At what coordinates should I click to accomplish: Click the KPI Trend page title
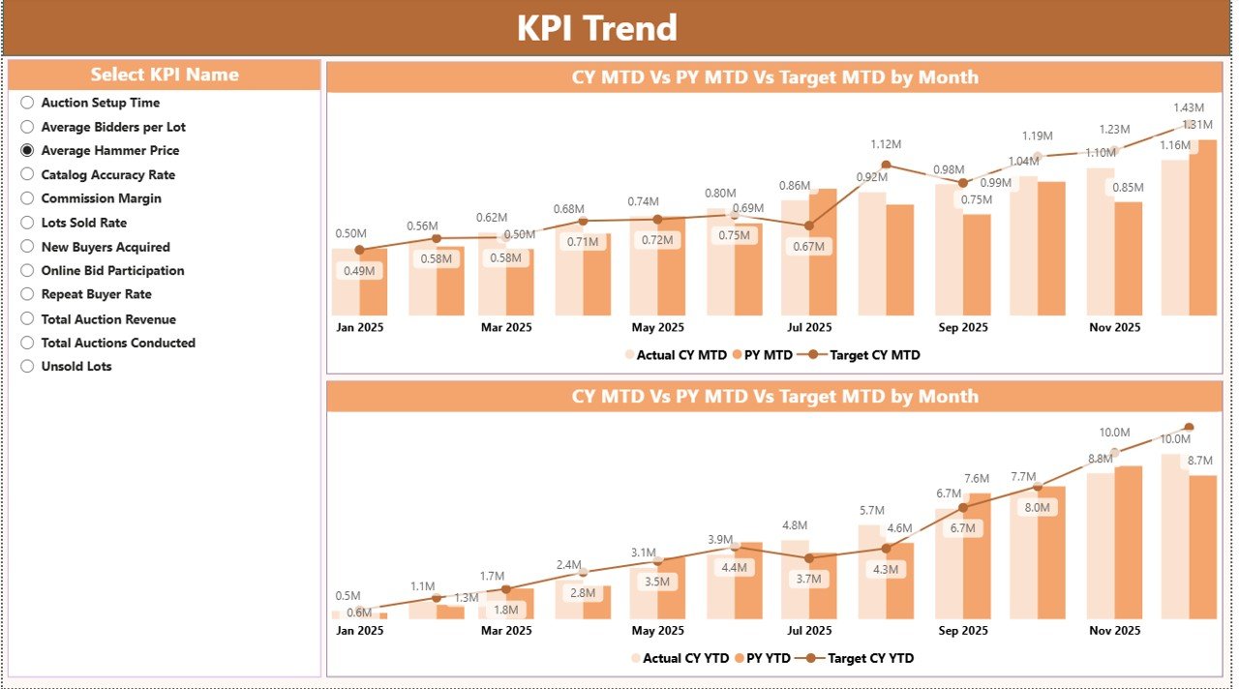pos(596,28)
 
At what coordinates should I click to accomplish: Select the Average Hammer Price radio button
pos(27,150)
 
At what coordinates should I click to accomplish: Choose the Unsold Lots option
pos(27,366)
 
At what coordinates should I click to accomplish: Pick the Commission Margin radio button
pos(27,198)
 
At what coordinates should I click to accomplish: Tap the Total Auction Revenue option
pos(27,318)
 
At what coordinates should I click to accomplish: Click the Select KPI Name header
pos(165,75)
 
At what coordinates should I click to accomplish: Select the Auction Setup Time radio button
pos(27,103)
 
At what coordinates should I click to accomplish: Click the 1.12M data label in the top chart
pos(886,144)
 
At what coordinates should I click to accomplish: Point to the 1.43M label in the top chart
pos(1189,107)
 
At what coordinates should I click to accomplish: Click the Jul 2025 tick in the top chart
pos(809,327)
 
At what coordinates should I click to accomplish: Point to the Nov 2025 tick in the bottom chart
pos(1115,630)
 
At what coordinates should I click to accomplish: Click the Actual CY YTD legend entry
pos(681,658)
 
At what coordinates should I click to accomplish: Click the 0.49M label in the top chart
pos(359,271)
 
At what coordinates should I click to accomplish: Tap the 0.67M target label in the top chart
pos(808,247)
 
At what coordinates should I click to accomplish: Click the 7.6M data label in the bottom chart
pos(977,478)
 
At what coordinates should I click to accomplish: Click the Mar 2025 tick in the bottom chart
pos(505,630)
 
